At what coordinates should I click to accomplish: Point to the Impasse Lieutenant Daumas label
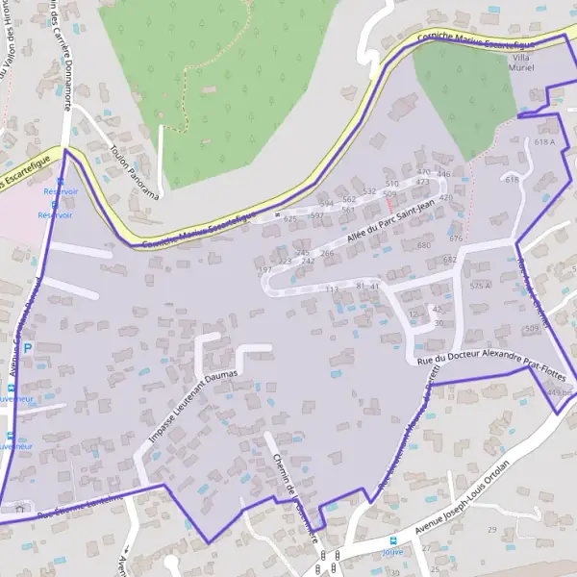click(192, 399)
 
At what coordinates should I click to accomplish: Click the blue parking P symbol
click(28, 347)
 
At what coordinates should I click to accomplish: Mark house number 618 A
click(545, 142)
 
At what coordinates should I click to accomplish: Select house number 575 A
click(480, 287)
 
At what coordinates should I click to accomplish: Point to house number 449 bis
click(560, 393)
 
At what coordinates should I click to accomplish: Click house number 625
click(290, 218)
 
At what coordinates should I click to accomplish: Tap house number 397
click(265, 270)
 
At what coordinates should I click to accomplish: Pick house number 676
click(456, 238)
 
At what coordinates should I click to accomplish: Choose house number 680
click(423, 246)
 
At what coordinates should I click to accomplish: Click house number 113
click(333, 288)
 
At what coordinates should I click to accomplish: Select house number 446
click(443, 174)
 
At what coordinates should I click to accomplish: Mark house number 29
click(492, 530)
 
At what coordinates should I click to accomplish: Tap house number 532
click(368, 191)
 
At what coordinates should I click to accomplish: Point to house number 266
click(327, 254)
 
